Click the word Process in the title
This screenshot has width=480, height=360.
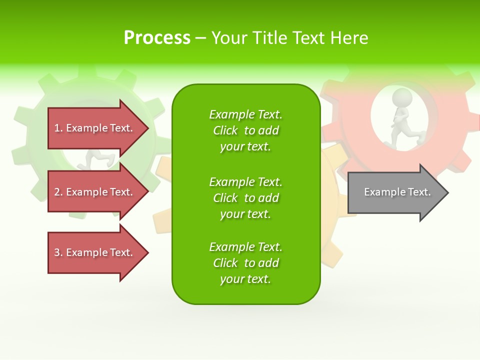coord(157,38)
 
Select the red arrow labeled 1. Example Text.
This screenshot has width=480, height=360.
coord(95,128)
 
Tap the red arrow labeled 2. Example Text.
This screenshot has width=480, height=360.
coord(95,192)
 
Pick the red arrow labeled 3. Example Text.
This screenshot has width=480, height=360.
coord(95,252)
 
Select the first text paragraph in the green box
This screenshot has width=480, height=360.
coord(245,130)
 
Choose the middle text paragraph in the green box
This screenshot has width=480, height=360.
coord(245,197)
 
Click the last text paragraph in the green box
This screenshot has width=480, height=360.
coord(245,263)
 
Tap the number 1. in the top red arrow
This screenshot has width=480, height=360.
coord(58,128)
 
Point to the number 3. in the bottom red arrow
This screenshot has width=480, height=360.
coord(58,252)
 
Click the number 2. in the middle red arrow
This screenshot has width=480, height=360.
coord(58,192)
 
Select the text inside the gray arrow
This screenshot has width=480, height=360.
coord(397,192)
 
